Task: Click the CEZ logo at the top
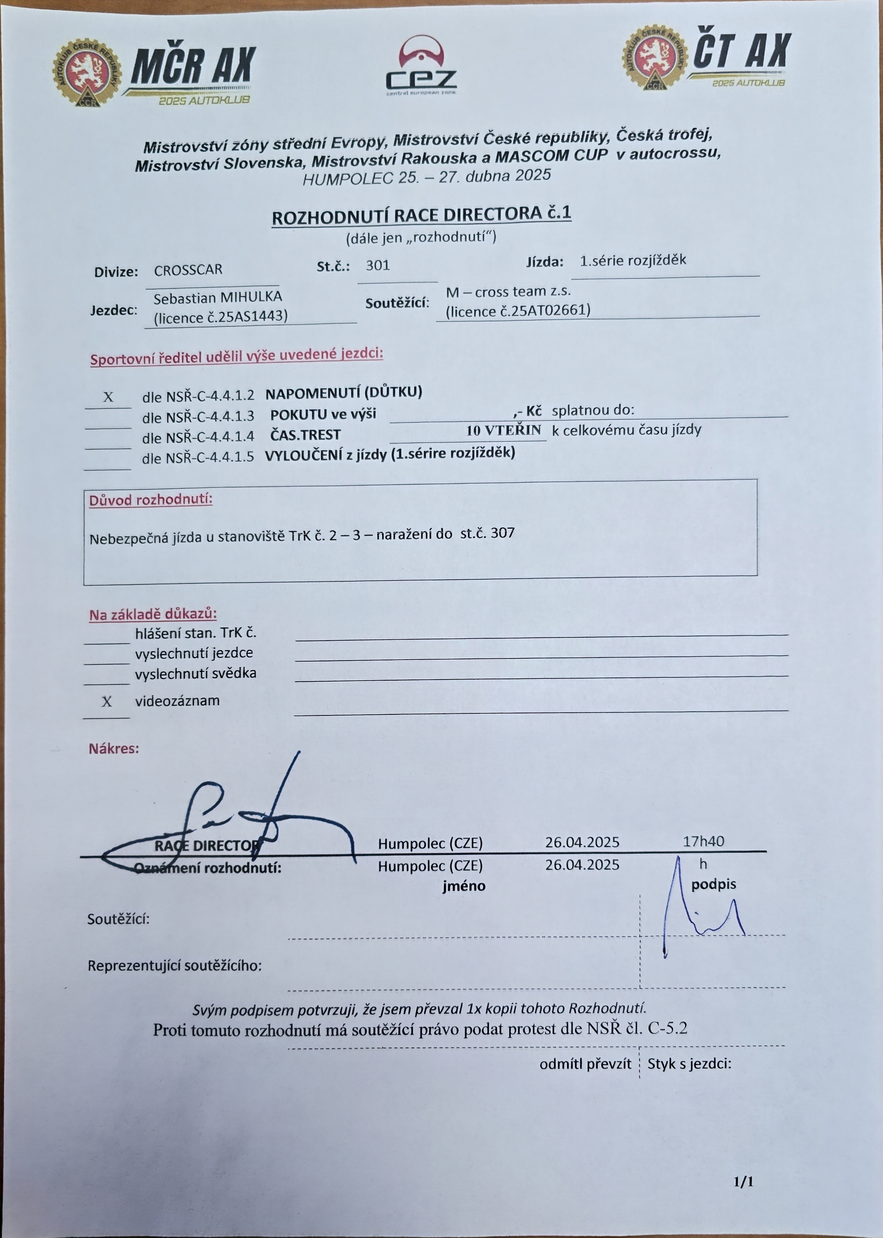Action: point(421,66)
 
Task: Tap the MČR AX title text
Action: point(193,67)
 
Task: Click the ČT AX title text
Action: point(742,52)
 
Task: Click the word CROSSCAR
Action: point(188,270)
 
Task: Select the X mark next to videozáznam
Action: point(106,702)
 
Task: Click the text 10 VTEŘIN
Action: point(503,430)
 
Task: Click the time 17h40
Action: point(703,842)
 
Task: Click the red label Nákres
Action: point(114,749)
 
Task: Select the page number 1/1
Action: point(744,1182)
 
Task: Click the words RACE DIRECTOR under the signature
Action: point(207,846)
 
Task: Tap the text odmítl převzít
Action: point(585,1064)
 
